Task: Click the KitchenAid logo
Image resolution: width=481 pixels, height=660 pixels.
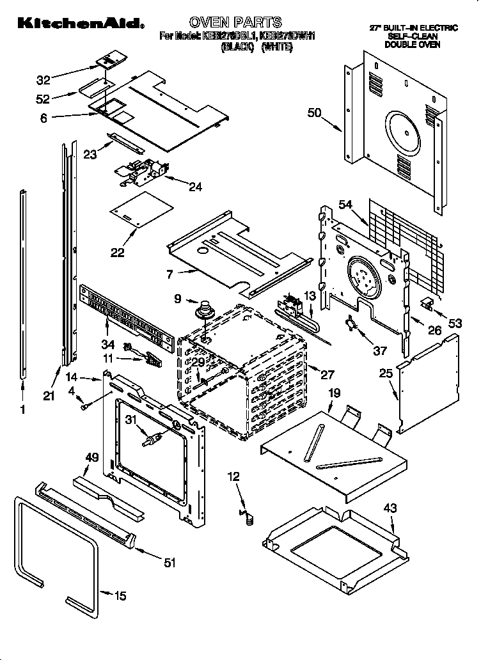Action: tap(81, 24)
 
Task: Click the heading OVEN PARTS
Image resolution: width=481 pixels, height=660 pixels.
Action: tap(236, 23)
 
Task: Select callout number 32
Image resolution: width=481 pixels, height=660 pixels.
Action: tap(43, 81)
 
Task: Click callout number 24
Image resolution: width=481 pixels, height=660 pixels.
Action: tap(195, 187)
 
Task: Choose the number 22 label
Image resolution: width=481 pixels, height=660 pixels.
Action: tap(117, 252)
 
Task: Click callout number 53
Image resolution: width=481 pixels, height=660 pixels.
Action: tap(455, 324)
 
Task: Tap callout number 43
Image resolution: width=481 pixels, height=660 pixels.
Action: tap(390, 508)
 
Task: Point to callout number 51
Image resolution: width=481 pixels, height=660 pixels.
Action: tap(169, 563)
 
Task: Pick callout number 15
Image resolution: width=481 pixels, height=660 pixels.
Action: tap(120, 596)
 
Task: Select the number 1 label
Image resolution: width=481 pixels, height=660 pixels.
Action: tap(23, 411)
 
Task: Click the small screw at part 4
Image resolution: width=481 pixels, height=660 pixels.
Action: tap(83, 405)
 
